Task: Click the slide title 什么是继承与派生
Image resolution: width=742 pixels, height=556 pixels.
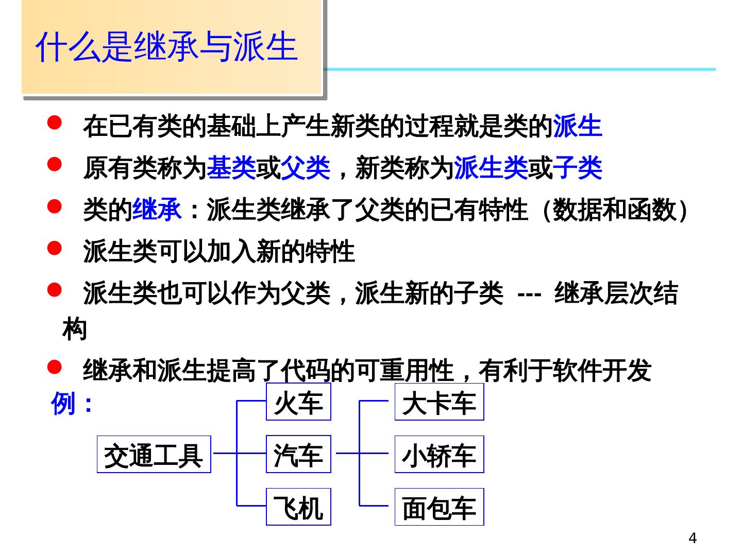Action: click(166, 47)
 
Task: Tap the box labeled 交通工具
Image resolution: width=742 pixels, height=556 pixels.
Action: click(154, 455)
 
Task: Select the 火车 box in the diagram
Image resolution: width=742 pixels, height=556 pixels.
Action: click(298, 402)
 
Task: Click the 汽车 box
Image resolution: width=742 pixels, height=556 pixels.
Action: click(298, 455)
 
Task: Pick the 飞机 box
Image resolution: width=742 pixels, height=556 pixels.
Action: click(298, 507)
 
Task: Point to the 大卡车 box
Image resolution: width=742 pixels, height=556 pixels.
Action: click(439, 402)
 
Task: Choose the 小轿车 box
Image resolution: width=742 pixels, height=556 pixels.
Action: click(439, 455)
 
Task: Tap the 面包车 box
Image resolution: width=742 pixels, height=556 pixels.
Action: click(439, 507)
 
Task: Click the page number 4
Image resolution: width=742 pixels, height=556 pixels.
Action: click(693, 538)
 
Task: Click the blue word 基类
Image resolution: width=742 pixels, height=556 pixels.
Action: click(231, 168)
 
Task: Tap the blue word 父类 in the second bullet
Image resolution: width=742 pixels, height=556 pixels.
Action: click(306, 168)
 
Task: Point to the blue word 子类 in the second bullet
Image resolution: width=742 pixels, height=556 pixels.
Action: click(577, 168)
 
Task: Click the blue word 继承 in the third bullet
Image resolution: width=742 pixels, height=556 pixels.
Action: click(157, 210)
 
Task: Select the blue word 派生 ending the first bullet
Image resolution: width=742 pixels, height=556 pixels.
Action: click(577, 126)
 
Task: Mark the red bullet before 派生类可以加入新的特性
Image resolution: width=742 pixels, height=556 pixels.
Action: click(55, 249)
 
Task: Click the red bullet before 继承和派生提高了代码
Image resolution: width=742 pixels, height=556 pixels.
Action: click(55, 367)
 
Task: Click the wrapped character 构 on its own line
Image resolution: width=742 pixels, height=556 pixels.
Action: click(75, 330)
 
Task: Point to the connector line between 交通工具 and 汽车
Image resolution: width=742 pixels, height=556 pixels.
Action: click(225, 454)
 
